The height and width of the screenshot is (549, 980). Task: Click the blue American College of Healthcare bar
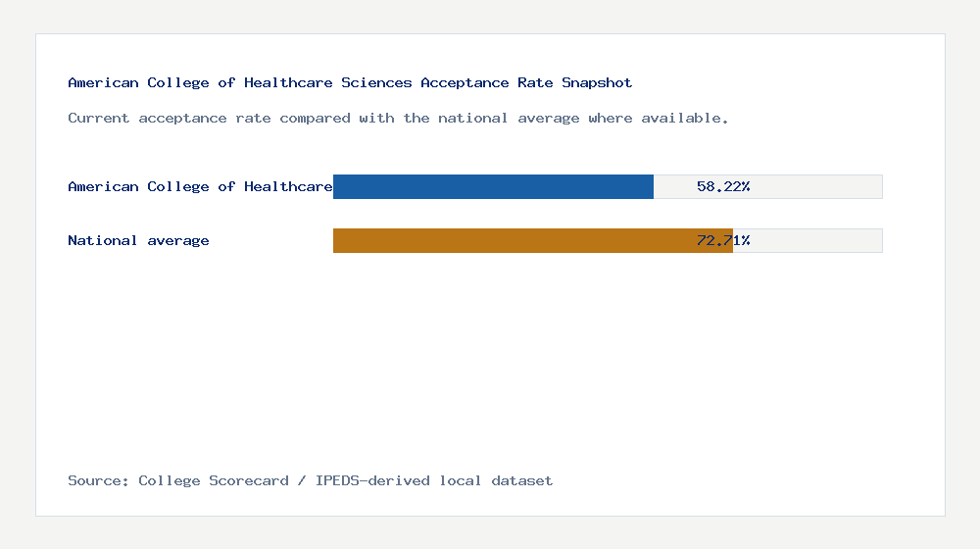493,186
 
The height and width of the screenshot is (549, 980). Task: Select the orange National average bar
532,240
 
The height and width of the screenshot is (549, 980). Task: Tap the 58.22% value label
723,186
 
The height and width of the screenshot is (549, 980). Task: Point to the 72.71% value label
723,240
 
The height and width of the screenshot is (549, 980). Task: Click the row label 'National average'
138,240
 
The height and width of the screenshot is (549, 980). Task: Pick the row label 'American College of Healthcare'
200,186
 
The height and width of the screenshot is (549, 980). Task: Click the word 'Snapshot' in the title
597,82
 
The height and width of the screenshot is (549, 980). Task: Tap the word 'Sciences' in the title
376,82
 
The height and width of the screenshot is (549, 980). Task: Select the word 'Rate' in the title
535,82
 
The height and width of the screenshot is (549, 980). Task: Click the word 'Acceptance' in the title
465,82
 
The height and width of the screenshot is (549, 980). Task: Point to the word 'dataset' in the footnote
522,480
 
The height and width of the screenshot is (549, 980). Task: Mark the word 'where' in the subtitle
611,118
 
